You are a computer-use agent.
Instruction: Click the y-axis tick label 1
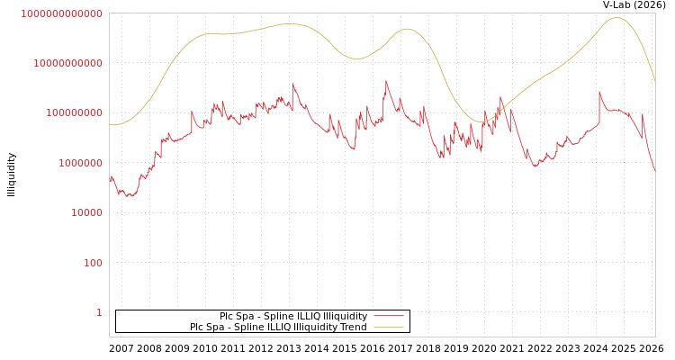click(x=99, y=312)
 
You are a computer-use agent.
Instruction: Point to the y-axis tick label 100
click(x=94, y=263)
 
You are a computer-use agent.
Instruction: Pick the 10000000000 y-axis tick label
click(x=69, y=63)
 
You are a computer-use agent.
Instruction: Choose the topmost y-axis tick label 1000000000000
click(x=62, y=13)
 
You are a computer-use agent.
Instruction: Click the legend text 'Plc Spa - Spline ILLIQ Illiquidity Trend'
click(x=278, y=328)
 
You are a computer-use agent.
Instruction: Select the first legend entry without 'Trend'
click(x=293, y=317)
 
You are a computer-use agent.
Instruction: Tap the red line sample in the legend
click(x=388, y=317)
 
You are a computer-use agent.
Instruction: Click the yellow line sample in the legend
click(x=388, y=328)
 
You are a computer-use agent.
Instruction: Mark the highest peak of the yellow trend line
click(x=616, y=17)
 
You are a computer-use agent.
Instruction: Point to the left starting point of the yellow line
click(x=110, y=125)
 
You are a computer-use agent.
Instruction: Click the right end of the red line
click(x=654, y=170)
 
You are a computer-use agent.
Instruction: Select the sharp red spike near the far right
click(x=599, y=91)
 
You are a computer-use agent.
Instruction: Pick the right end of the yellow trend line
click(x=654, y=82)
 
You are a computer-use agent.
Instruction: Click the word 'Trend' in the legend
click(x=353, y=328)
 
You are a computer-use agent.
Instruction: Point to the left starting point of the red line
click(x=110, y=180)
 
